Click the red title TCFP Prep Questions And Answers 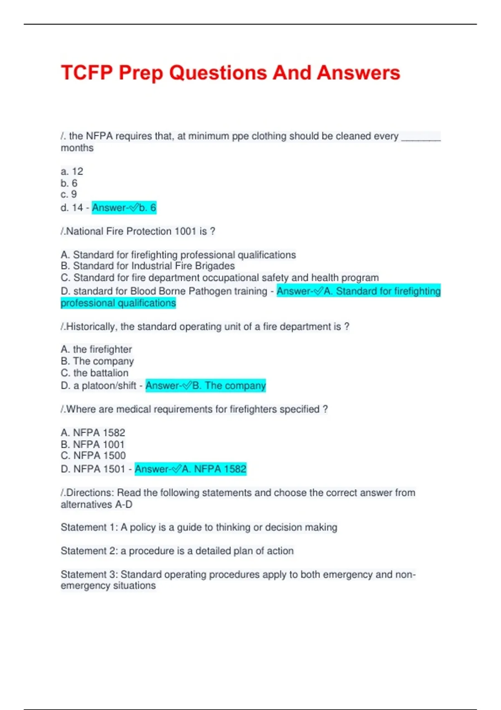click(230, 73)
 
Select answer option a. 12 click(72, 171)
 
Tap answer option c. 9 click(69, 194)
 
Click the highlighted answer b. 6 click(124, 208)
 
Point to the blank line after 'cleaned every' click(420, 138)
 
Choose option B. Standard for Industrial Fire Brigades click(148, 266)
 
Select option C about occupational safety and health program click(220, 278)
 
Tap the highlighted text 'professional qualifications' click(118, 303)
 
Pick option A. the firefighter click(96, 349)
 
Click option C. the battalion click(95, 373)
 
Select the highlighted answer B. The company click(205, 385)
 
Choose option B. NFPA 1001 click(93, 444)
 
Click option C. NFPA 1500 click(93, 456)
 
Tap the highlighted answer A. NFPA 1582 click(190, 469)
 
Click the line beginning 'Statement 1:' click(199, 527)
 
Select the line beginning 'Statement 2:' click(177, 551)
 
